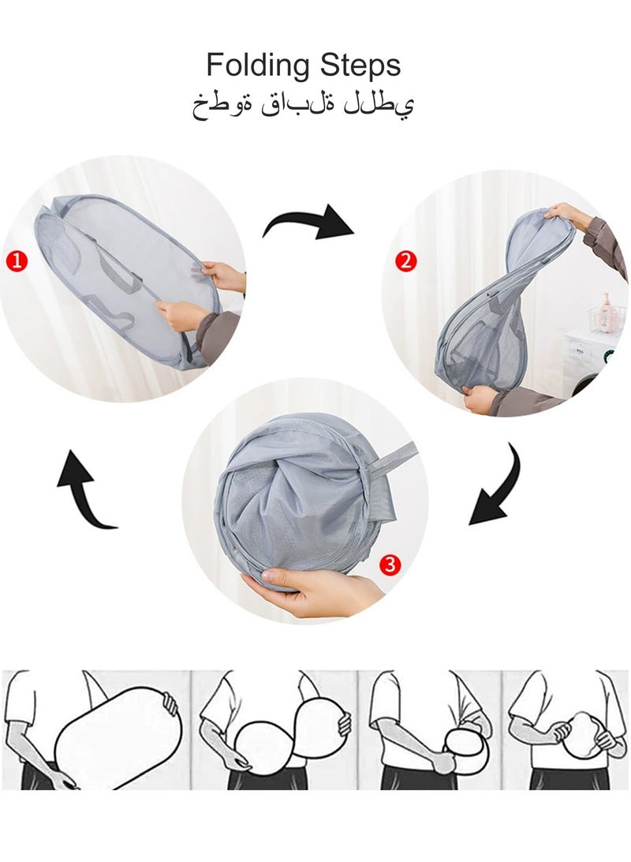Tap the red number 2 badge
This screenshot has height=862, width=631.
[405, 260]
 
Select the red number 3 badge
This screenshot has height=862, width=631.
[390, 564]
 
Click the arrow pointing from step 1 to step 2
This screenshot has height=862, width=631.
[310, 222]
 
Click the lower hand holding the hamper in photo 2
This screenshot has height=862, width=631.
[477, 399]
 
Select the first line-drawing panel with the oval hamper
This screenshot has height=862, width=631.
[95, 729]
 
